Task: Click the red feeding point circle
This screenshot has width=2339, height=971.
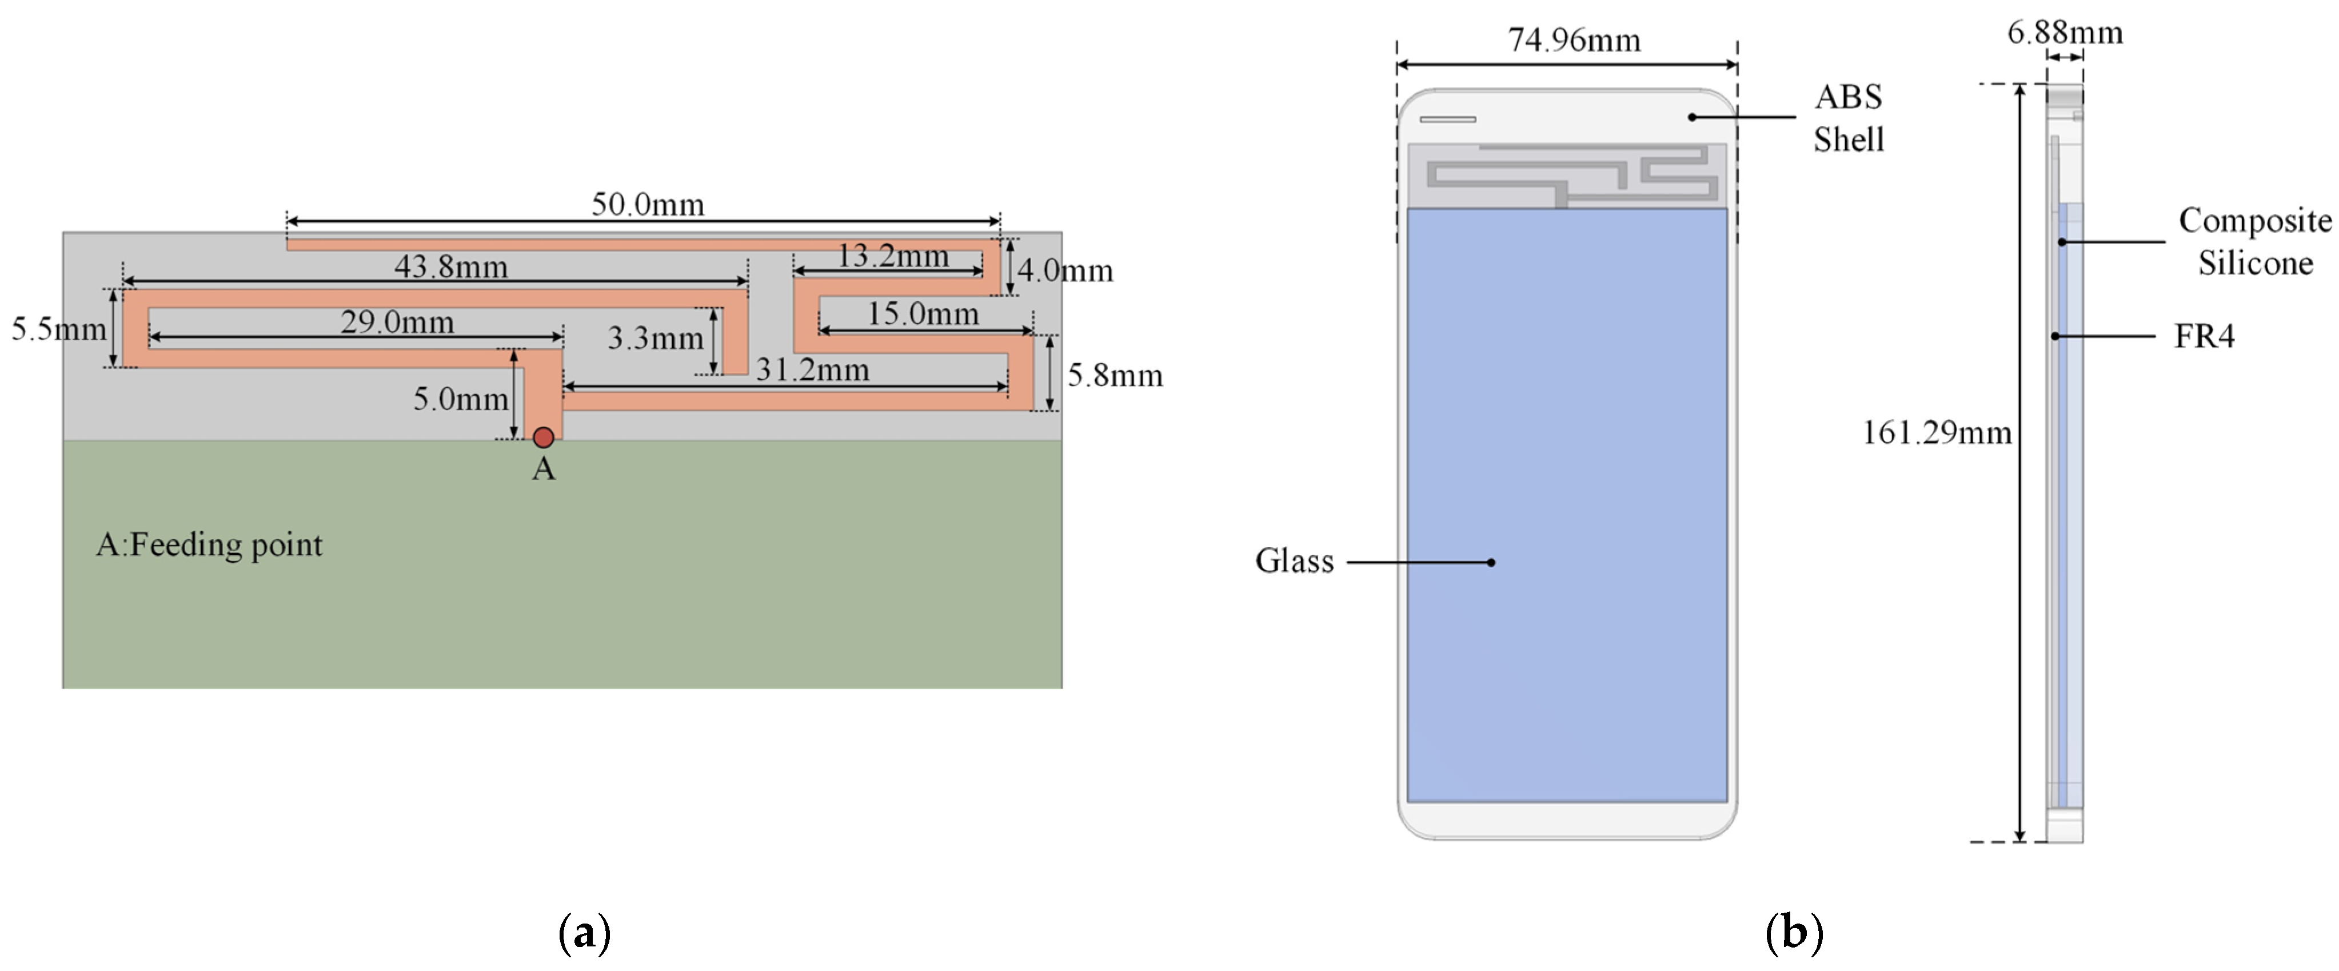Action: [x=543, y=438]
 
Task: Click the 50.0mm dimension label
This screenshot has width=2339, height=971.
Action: [x=648, y=204]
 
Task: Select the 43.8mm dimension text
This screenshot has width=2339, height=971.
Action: [x=451, y=267]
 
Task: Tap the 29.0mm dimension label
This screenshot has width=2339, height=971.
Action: [x=397, y=323]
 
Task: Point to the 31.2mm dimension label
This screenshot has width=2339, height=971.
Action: [x=813, y=369]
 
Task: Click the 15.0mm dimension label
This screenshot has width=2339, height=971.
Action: [x=923, y=315]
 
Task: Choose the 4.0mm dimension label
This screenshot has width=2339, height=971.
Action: [x=1065, y=270]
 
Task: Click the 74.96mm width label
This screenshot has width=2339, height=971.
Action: [x=1574, y=40]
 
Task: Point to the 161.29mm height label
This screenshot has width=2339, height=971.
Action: [x=1936, y=432]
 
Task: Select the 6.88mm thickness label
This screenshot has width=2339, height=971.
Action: [x=2064, y=33]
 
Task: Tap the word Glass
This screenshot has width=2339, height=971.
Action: [x=1294, y=562]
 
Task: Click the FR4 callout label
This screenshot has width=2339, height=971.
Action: [x=2204, y=337]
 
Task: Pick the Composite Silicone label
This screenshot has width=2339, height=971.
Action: [x=2254, y=242]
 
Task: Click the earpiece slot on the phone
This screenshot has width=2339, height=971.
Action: [x=1447, y=119]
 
